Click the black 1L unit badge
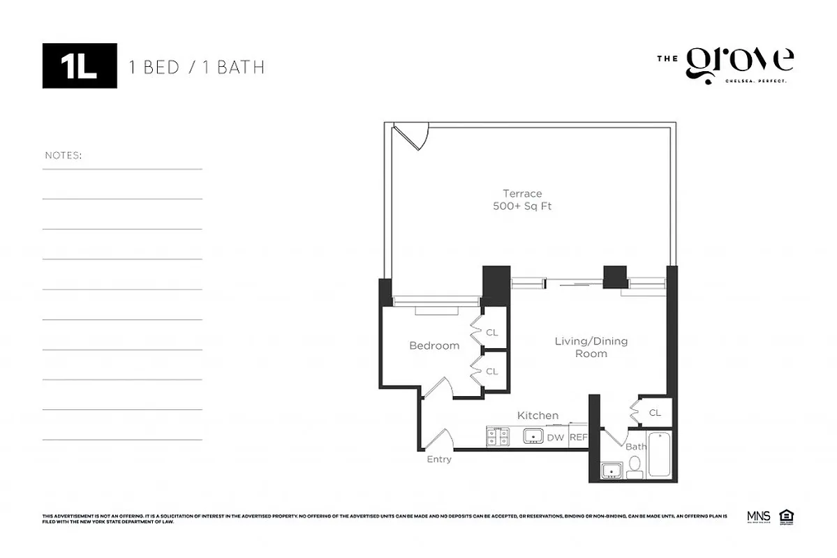(80, 66)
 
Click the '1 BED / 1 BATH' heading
(196, 67)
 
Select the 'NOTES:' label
(63, 155)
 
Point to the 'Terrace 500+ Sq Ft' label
(522, 199)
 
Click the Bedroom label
(434, 345)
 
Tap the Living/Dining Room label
(591, 347)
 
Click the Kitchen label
(538, 415)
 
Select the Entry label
(439, 459)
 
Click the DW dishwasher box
(555, 437)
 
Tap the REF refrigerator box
(579, 437)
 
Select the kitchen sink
(533, 437)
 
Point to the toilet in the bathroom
(635, 467)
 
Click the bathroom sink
(612, 471)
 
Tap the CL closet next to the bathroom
(654, 412)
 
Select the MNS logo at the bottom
(758, 516)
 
